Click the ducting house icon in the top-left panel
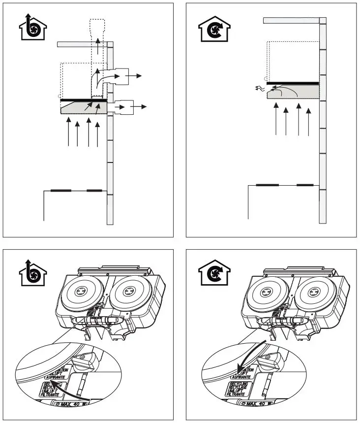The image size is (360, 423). [31, 29]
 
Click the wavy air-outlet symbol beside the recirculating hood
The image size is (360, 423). [260, 89]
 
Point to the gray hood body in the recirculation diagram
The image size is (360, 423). [293, 94]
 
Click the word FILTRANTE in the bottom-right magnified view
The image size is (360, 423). [238, 394]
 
